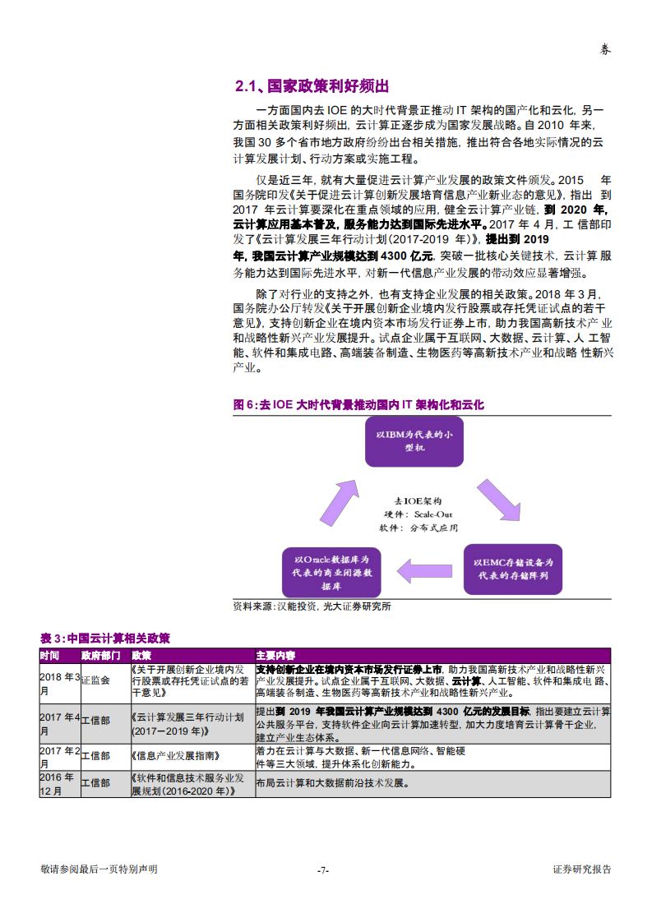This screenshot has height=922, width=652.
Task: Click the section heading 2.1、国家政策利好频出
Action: (x=312, y=86)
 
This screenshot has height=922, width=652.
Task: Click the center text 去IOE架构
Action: (x=417, y=500)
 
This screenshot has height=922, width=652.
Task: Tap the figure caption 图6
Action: (x=359, y=405)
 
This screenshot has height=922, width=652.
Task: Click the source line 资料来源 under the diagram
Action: (x=312, y=606)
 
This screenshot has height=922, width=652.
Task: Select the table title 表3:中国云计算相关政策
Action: (x=105, y=638)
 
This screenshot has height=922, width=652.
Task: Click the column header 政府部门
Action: (x=101, y=656)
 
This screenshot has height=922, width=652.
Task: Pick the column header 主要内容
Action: (x=275, y=656)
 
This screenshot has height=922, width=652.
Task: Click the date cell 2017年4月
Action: (x=59, y=723)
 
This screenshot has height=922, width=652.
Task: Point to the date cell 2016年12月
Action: (x=58, y=783)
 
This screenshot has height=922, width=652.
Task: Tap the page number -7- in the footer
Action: (x=324, y=870)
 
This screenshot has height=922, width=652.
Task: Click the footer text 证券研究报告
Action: (x=581, y=869)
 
